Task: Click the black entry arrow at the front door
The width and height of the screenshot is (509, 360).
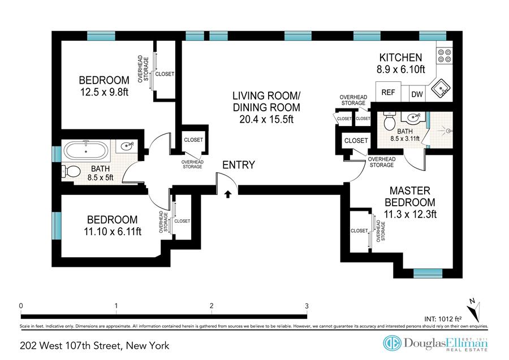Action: click(x=228, y=194)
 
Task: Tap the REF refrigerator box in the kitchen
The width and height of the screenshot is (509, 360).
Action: click(x=388, y=92)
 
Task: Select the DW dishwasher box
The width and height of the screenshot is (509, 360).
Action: click(x=417, y=94)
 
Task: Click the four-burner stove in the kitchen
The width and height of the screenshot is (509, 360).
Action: click(x=445, y=55)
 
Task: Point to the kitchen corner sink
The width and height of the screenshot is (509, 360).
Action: click(x=441, y=88)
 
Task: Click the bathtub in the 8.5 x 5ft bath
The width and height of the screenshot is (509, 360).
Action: click(x=86, y=151)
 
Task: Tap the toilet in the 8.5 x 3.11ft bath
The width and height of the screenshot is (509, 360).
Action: click(x=389, y=122)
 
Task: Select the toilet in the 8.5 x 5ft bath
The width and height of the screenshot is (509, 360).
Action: click(x=71, y=172)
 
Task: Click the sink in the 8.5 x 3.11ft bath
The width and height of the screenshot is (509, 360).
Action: click(x=411, y=118)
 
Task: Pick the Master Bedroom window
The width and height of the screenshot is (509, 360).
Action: click(x=428, y=274)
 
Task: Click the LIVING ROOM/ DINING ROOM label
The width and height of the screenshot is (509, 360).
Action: click(x=266, y=102)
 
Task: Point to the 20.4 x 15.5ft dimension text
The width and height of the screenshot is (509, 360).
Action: click(x=266, y=119)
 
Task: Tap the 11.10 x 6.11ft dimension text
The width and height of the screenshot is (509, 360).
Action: click(x=113, y=232)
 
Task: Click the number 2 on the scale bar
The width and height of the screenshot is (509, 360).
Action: click(x=212, y=306)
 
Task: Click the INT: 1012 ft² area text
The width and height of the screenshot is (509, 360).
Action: click(x=443, y=319)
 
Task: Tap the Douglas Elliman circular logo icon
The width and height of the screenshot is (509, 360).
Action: click(x=392, y=343)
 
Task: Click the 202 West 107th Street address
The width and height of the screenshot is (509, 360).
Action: click(x=94, y=346)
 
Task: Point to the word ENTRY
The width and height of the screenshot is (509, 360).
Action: click(x=239, y=165)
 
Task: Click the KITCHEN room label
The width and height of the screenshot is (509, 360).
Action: click(x=400, y=58)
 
